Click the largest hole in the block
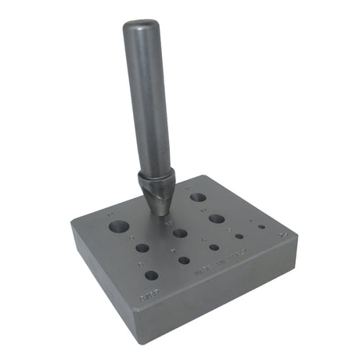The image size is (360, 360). pyautogui.click(x=118, y=228)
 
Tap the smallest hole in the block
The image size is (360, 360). pyautogui.click(x=261, y=228)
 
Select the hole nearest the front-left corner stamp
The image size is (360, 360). pyautogui.click(x=151, y=275)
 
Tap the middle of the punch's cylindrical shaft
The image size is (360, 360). pyautogui.click(x=148, y=102)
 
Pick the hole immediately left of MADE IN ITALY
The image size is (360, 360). pyautogui.click(x=185, y=261)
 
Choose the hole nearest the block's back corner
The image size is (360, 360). pyautogui.click(x=197, y=198)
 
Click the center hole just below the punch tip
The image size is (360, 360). pyautogui.click(x=181, y=233)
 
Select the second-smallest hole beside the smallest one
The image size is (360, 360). pyautogui.click(x=239, y=236)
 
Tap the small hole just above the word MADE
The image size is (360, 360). pyautogui.click(x=214, y=247)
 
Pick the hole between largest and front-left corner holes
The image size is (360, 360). pyautogui.click(x=142, y=248)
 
